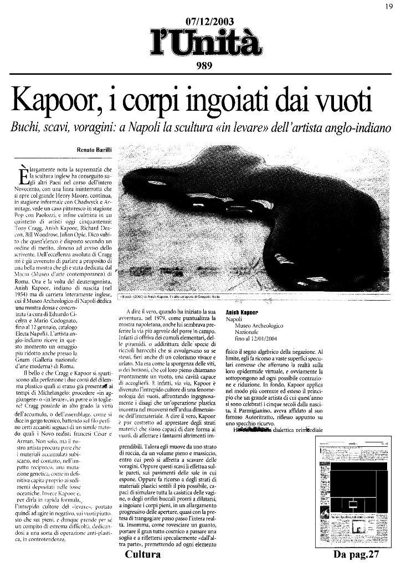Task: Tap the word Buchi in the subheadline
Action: click(24, 127)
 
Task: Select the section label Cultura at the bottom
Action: click(142, 554)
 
